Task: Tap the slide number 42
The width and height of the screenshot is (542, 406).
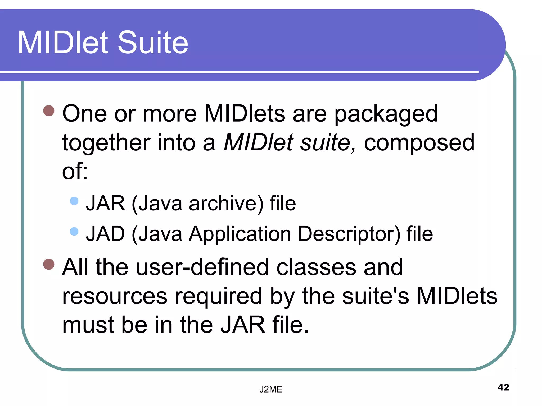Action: (x=503, y=387)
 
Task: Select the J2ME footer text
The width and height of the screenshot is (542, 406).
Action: (x=271, y=389)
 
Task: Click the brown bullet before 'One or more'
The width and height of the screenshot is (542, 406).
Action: (x=49, y=111)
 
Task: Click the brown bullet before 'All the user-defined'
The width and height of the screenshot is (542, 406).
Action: (x=49, y=264)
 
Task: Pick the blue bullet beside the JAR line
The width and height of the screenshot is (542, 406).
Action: (x=74, y=201)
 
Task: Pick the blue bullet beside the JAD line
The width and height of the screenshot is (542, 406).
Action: (x=74, y=232)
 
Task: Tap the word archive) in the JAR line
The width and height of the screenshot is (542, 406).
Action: (x=226, y=204)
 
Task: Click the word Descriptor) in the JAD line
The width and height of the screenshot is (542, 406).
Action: (x=349, y=234)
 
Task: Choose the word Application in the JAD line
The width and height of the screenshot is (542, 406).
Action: (x=240, y=234)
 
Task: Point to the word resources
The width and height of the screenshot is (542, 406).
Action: (x=115, y=297)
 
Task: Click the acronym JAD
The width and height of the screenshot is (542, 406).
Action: (x=105, y=234)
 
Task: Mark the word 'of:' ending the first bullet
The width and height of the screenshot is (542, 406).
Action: (x=75, y=171)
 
